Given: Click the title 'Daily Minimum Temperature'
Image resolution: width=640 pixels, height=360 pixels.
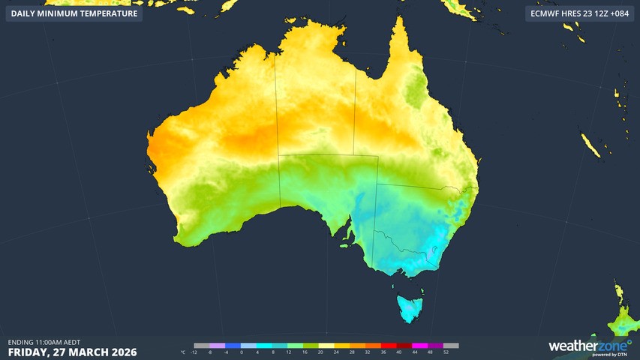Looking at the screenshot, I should pos(74,13).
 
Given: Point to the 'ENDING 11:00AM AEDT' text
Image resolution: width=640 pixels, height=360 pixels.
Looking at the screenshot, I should pos(44,342).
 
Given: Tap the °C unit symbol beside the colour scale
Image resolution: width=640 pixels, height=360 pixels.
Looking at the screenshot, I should pos(184,352).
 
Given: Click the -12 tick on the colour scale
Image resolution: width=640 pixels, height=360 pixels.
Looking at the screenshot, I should pos(194,352).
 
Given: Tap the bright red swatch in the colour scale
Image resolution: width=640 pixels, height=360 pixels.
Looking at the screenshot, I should pos(384,346).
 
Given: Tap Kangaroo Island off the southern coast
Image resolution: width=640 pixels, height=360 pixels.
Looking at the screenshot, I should pos(346,244).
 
